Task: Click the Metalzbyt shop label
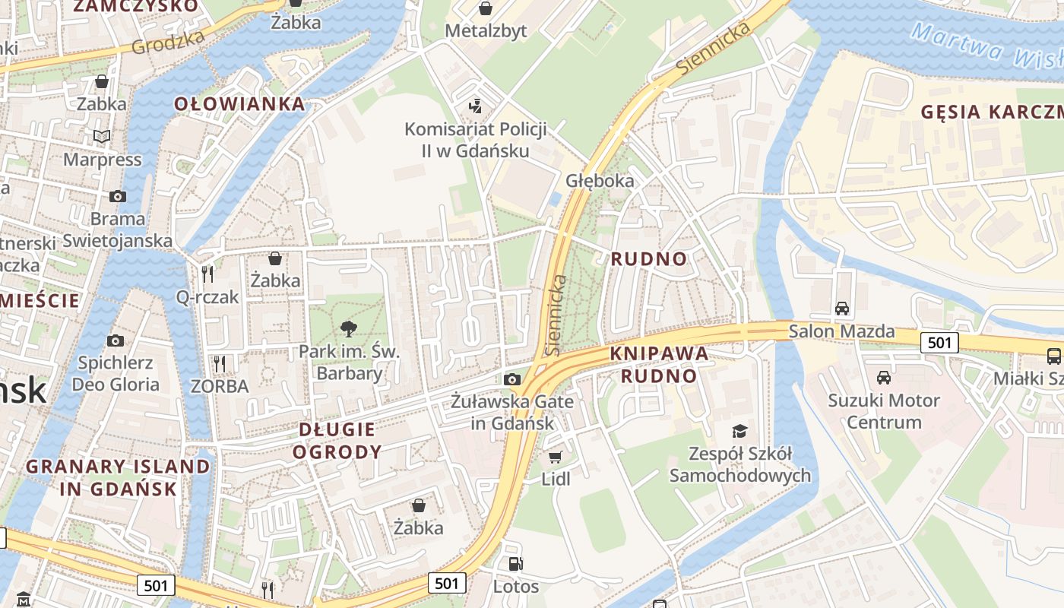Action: [485, 31]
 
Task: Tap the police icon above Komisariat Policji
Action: [476, 106]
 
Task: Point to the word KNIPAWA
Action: [659, 353]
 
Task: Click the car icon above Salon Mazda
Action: [841, 309]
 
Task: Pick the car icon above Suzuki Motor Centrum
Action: [883, 377]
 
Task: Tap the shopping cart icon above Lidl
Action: [556, 456]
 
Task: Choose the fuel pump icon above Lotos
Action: [515, 563]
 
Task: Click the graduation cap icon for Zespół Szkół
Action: [739, 431]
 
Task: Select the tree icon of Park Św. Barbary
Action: [349, 328]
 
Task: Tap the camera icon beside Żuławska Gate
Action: [512, 379]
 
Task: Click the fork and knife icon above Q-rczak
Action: [207, 273]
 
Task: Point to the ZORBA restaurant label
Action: [220, 386]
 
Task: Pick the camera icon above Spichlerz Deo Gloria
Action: [116, 340]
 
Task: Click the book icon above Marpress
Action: [102, 136]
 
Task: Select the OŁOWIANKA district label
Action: [239, 104]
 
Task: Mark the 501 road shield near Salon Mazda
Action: [939, 343]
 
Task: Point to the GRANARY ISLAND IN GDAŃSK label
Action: [118, 477]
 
